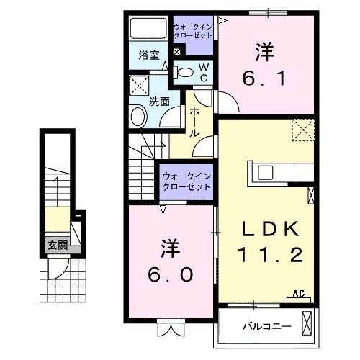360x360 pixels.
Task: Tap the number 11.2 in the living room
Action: (x=269, y=253)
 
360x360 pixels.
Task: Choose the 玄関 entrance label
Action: (x=58, y=246)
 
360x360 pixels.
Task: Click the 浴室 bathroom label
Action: (x=148, y=54)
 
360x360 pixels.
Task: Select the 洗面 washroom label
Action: (x=159, y=102)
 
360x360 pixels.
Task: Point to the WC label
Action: (x=203, y=72)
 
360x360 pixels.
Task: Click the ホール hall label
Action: (x=194, y=123)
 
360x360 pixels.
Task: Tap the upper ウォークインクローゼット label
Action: (x=193, y=32)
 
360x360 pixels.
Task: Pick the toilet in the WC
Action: (x=184, y=71)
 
